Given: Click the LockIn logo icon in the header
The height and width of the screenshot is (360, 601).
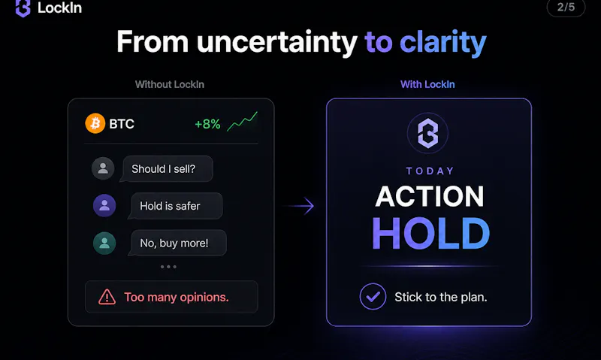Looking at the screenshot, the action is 23,8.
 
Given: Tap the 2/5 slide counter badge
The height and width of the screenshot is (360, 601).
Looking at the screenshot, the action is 566,8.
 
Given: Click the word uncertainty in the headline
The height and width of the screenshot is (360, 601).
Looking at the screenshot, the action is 276,42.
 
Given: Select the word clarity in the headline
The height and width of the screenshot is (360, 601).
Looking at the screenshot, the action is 443,42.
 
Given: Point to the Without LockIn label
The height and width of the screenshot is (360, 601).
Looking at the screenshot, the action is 170,84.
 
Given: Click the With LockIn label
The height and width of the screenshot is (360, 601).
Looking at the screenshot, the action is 427,84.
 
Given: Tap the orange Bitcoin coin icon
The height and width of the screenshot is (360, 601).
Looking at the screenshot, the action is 95,123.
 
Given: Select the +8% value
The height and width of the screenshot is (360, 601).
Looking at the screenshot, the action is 207,124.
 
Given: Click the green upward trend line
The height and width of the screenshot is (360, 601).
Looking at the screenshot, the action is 242,122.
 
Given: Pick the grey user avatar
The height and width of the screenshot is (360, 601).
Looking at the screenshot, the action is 103,168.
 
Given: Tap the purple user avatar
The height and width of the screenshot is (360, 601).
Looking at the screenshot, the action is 104,205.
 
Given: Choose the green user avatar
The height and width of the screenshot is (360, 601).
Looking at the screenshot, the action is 104,243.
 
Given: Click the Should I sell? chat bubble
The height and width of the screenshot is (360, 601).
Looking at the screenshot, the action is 166,168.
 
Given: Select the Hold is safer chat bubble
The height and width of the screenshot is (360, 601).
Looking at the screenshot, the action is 175,206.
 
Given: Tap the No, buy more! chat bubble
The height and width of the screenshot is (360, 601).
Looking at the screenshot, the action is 177,243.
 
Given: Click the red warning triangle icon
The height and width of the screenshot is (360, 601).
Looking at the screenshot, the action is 107,297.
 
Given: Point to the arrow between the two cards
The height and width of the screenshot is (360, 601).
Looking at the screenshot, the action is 301,206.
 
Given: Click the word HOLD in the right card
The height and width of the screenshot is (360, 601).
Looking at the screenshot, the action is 430,233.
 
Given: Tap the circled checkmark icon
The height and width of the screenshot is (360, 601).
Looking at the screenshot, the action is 373,296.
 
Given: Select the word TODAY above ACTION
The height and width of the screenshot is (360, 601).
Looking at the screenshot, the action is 430,171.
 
